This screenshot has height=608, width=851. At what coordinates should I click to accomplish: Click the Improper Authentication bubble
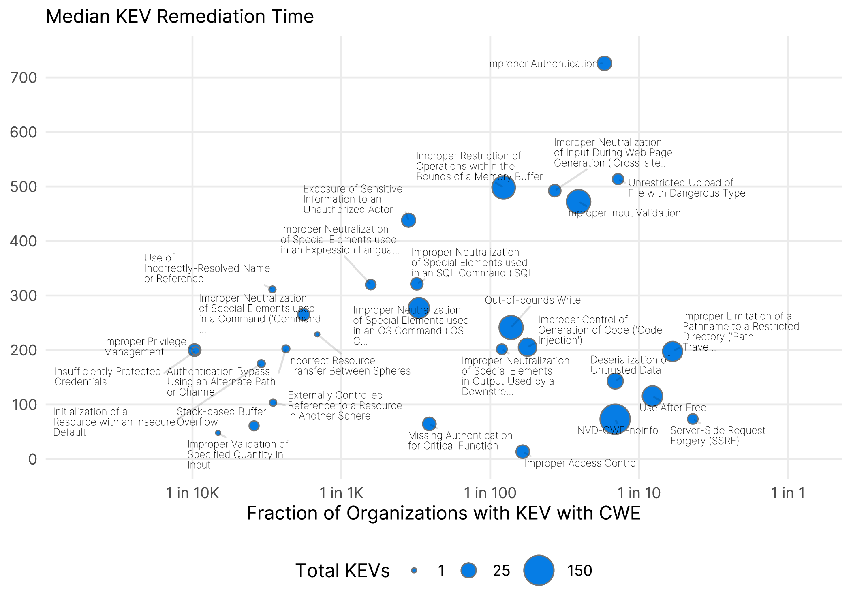click(604, 63)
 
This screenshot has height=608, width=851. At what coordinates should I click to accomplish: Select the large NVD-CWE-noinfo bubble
click(615, 419)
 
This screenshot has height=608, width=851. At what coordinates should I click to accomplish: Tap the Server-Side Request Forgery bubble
click(693, 419)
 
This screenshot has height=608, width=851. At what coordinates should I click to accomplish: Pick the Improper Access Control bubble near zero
click(523, 452)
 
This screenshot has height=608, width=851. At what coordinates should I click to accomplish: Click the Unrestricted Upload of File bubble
click(618, 179)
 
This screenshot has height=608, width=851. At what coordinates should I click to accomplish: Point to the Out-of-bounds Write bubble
click(511, 328)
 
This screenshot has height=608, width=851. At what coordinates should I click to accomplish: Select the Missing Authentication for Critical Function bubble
click(429, 424)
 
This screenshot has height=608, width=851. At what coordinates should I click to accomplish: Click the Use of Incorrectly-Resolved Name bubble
click(272, 289)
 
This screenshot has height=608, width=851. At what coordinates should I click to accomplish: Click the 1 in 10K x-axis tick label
click(192, 493)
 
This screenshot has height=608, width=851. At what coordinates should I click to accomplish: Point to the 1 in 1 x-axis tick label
click(787, 493)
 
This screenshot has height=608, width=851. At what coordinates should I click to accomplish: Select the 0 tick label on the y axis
click(32, 460)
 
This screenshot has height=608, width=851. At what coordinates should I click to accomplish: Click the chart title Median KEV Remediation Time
click(180, 17)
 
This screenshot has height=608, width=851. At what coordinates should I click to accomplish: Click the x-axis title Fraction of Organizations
click(443, 513)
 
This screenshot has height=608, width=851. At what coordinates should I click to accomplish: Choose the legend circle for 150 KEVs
click(539, 570)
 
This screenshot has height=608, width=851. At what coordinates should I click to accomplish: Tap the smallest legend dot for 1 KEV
click(414, 570)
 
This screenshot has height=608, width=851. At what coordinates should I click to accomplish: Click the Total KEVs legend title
click(342, 571)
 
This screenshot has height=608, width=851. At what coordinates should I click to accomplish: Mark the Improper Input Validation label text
click(623, 213)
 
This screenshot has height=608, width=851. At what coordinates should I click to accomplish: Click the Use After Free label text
click(673, 407)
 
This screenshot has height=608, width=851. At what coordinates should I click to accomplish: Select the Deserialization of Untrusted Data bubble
click(615, 381)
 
